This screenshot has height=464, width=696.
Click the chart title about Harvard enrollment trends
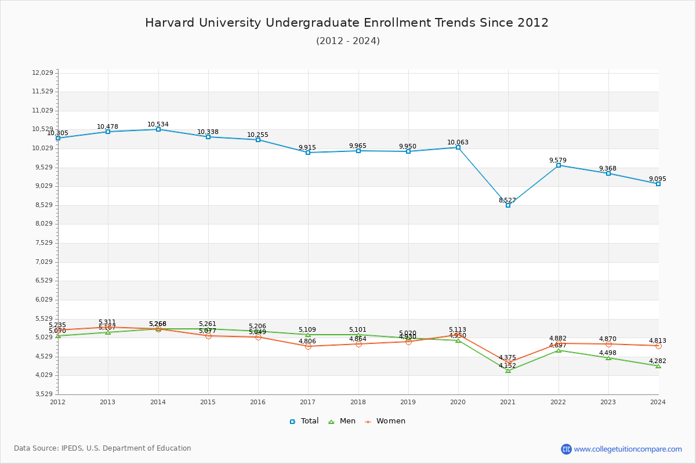coord(347,23)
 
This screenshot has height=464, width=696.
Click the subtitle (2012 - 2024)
coord(348,41)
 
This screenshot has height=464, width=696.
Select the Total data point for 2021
coord(508,205)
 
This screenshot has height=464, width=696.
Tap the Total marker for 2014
coord(158,129)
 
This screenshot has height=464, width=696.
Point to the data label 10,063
coord(458,142)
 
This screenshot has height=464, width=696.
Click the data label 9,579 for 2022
coord(558,160)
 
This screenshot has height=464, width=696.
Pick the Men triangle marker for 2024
coord(658,366)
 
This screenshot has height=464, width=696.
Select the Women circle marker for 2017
coord(308,346)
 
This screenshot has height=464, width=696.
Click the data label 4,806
coord(307,341)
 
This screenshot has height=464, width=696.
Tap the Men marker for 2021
coord(508,370)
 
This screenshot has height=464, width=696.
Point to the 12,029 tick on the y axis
coord(43,72)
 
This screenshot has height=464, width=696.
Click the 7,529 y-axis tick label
coord(43,242)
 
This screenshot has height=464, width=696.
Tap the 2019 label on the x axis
coord(408,401)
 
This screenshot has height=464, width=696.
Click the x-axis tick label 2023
coord(608,401)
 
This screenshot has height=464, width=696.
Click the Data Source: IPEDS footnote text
coord(103,448)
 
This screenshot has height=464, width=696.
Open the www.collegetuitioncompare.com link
coord(628,449)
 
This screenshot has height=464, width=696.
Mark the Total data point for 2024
coord(658,184)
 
